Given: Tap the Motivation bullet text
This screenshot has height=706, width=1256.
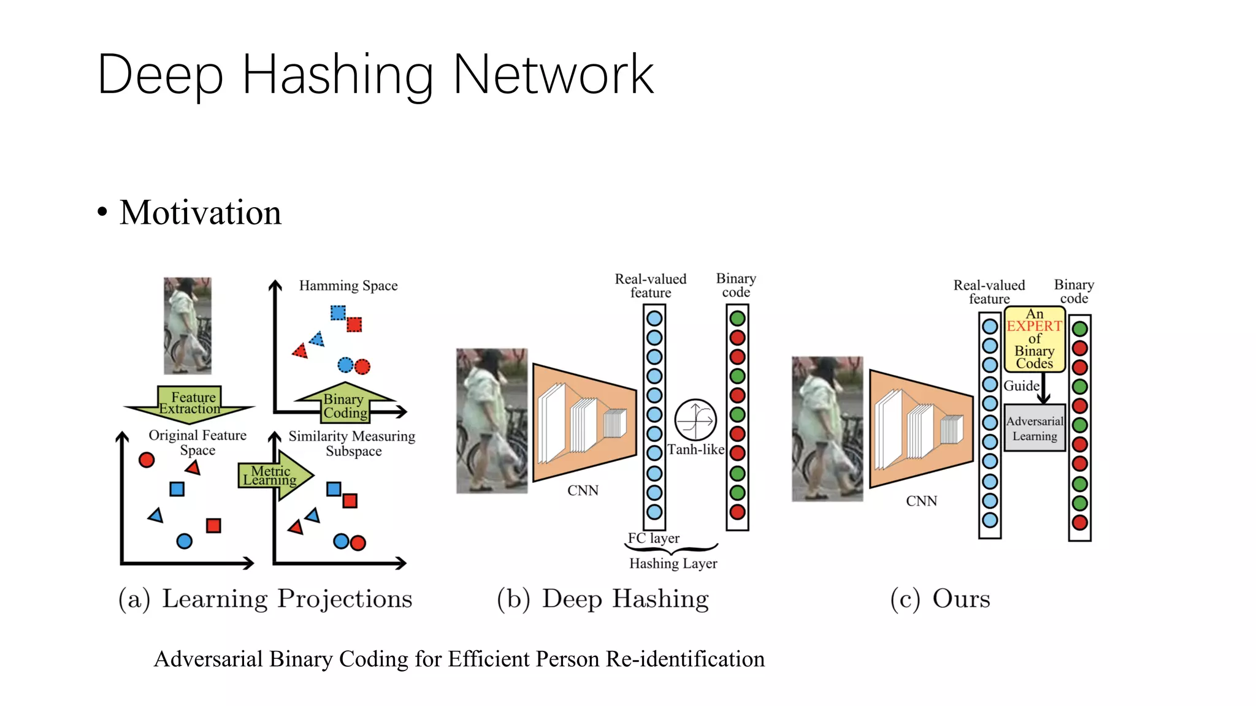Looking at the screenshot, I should tap(200, 213).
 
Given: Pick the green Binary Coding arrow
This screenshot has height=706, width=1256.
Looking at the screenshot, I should tap(344, 405).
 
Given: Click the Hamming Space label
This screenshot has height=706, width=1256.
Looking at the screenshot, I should tap(348, 286).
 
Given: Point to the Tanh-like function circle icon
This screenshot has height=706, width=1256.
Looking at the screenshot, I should tap(695, 420).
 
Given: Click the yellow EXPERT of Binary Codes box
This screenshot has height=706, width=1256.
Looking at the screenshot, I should tap(1034, 339).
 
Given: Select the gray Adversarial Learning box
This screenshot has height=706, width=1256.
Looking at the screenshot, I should tap(1034, 428).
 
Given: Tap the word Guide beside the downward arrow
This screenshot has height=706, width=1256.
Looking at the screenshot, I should tap(1021, 386).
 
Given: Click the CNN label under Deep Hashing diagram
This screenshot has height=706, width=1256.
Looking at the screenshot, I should tap(583, 491).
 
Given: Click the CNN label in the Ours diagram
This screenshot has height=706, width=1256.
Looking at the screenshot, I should tap(921, 501).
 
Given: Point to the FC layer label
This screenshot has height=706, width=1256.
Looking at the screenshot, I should tap(653, 538).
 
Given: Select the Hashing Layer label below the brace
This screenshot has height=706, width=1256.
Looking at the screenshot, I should tap(673, 563).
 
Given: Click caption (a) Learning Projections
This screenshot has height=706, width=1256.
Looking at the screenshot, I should tap(265, 599).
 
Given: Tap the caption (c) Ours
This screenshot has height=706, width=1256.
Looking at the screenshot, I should tap(940, 599).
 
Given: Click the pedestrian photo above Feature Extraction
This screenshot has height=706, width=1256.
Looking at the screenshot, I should tap(188, 325).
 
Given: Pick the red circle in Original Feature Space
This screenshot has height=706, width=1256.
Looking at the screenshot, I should tap(147, 460).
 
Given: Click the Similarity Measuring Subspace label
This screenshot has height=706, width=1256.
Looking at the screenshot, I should tap(352, 443).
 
